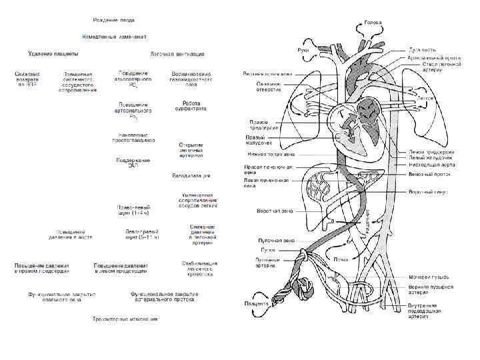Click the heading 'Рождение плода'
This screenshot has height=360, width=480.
(x=114, y=21)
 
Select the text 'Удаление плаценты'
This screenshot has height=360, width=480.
(x=53, y=53)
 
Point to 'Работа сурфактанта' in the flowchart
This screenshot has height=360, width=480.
(x=191, y=107)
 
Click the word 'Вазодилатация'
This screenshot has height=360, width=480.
(x=191, y=175)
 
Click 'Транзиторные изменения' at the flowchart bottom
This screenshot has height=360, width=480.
(x=125, y=319)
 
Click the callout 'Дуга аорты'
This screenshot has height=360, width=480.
(x=423, y=51)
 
